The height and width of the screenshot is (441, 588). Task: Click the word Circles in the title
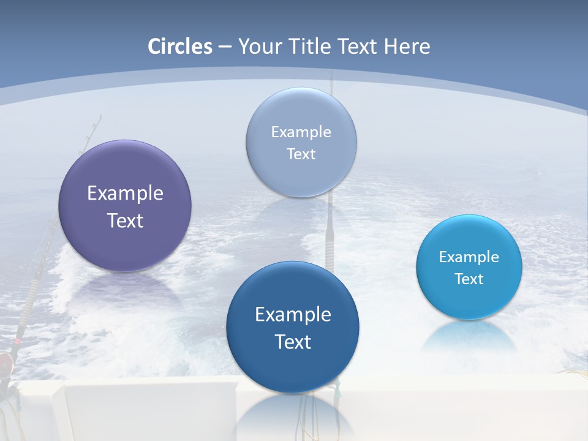tap(180, 47)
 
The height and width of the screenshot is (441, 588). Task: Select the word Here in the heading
tap(407, 47)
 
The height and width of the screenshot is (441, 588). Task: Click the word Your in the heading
tap(259, 47)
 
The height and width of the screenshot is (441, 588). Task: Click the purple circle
tap(125, 178)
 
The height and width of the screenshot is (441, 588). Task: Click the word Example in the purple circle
tap(125, 194)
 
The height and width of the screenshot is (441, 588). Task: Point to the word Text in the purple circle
tap(125, 221)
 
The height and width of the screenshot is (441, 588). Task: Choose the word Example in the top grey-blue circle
tap(301, 132)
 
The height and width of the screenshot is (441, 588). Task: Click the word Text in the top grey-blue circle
tap(301, 154)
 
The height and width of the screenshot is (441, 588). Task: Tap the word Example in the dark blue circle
tap(293, 314)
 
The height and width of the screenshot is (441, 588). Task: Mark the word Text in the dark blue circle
tap(293, 341)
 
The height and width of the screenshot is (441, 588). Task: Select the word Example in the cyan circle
tap(469, 257)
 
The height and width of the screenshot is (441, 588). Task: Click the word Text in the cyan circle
tap(469, 279)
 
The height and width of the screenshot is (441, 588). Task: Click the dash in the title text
tap(224, 47)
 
